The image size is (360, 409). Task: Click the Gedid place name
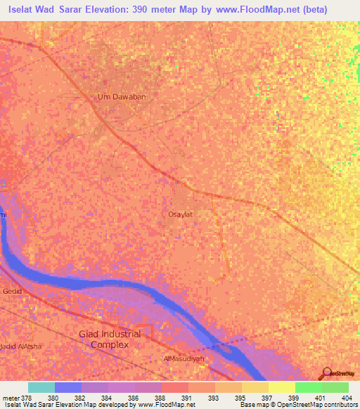pos(12,291)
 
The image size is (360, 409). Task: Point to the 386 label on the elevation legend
pos(121,397)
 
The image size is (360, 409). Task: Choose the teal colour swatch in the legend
pos(41,387)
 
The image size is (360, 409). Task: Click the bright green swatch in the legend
pos(309,387)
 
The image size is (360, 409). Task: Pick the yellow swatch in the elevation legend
pos(282,387)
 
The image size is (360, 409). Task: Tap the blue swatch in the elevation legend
pos(68,387)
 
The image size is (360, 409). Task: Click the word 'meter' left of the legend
pos(10,397)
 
